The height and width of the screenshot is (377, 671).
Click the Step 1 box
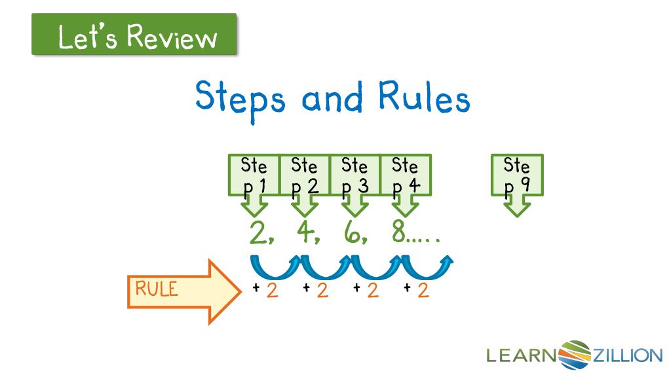[254, 175]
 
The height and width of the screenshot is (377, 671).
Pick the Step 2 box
[304, 175]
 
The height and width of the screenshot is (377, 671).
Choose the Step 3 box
[355, 175]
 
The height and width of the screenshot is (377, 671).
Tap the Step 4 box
[405, 175]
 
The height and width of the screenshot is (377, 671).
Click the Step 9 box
[517, 175]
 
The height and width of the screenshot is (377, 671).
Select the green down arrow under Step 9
[517, 206]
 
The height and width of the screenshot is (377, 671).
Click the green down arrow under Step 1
[254, 206]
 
